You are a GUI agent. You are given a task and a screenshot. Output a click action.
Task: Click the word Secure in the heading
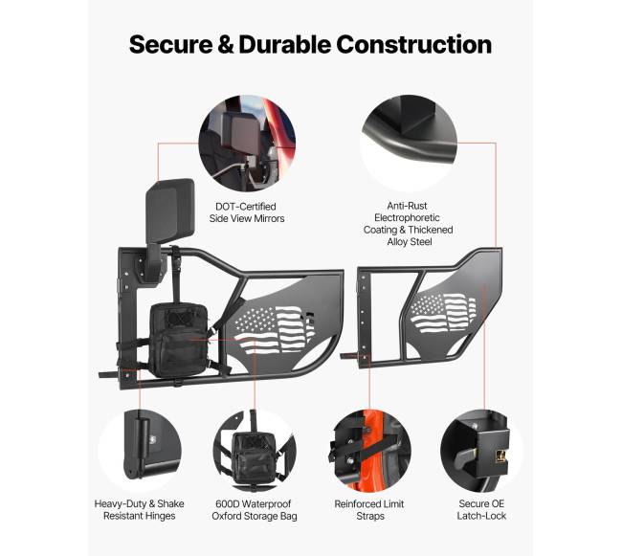[170, 44]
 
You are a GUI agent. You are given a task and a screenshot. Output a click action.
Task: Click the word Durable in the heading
[285, 44]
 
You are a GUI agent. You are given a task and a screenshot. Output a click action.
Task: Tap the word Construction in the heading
[414, 44]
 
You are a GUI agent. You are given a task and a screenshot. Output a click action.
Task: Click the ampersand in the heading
[226, 44]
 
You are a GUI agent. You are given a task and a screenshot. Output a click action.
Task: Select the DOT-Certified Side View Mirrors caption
[247, 212]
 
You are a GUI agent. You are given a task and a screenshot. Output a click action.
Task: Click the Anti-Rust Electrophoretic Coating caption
[409, 224]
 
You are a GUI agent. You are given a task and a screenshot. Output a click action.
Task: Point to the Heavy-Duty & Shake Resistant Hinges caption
[140, 510]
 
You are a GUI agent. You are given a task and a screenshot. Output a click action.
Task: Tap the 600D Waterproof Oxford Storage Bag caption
[255, 510]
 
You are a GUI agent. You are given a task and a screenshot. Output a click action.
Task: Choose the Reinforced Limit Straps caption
[369, 510]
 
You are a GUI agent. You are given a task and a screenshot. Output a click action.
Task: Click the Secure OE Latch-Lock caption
[481, 510]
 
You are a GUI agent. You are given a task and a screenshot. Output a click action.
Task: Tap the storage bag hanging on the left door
[178, 340]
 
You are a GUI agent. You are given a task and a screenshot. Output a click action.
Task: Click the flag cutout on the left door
[274, 329]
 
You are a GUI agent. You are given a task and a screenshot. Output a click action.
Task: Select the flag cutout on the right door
[442, 313]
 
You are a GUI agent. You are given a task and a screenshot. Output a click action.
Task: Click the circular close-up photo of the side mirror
[247, 144]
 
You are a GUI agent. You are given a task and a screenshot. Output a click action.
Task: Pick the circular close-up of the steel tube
[409, 144]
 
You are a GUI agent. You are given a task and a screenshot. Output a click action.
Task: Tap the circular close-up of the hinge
[140, 450]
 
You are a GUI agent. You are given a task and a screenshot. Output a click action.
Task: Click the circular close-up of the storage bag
[255, 450]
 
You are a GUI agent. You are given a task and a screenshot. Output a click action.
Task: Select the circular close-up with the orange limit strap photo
[369, 450]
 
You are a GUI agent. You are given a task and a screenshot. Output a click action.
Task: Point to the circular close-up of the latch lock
[481, 450]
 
